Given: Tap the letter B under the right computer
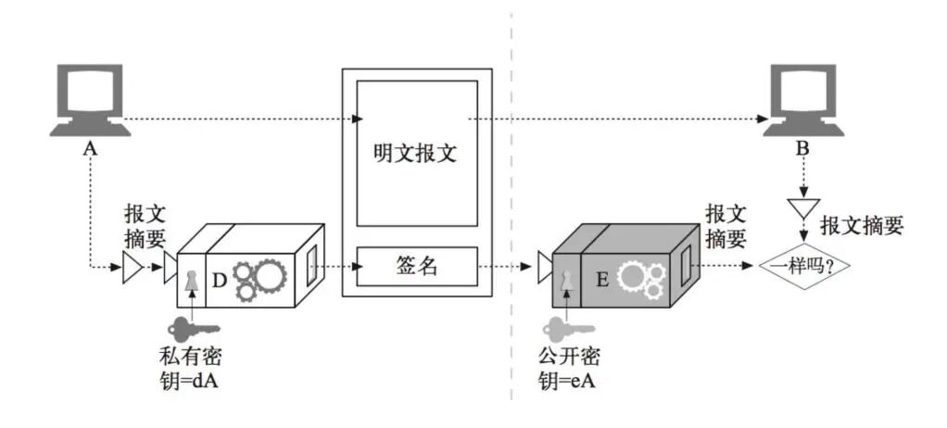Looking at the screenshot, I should (802, 148).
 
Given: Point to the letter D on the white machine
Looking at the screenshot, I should (219, 277).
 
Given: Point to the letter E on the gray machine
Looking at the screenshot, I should (601, 277).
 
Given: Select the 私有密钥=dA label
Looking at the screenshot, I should (191, 368).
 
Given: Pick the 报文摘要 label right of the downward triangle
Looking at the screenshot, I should (862, 226).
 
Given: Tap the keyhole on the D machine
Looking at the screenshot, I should (192, 280).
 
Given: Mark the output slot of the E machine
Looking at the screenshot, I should (686, 263).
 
